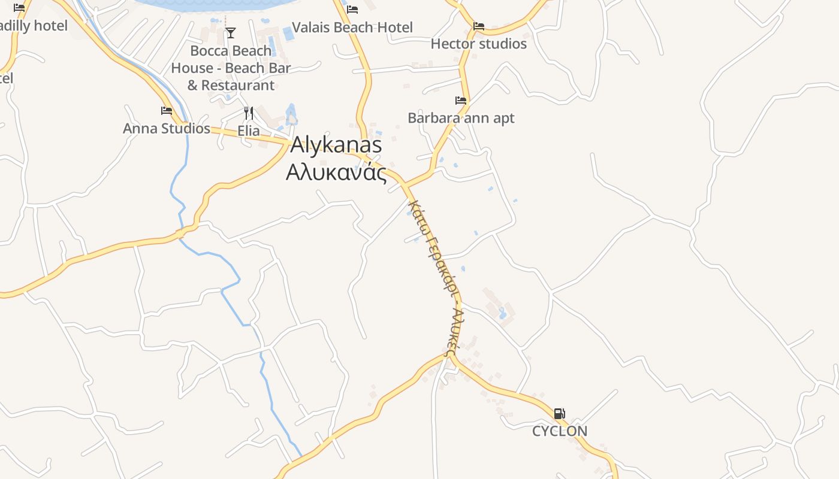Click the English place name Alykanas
pos(336,145)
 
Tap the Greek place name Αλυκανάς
pos(336,172)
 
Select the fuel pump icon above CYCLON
pos(559,414)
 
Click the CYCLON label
pos(560,431)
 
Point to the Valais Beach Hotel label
pos(352,28)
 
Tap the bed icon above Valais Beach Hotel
pos(352,10)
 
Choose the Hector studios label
pos(478,44)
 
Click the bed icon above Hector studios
pos(479,26)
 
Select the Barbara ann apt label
pos(461,118)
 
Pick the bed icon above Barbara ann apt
pos(461,101)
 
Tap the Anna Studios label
pos(167,129)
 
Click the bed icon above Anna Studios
pos(167,111)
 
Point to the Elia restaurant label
pos(249,131)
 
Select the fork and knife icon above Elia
pos(249,113)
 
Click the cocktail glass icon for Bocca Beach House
pos(231,33)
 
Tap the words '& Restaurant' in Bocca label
pos(231,86)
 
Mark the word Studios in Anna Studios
pos(186,129)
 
